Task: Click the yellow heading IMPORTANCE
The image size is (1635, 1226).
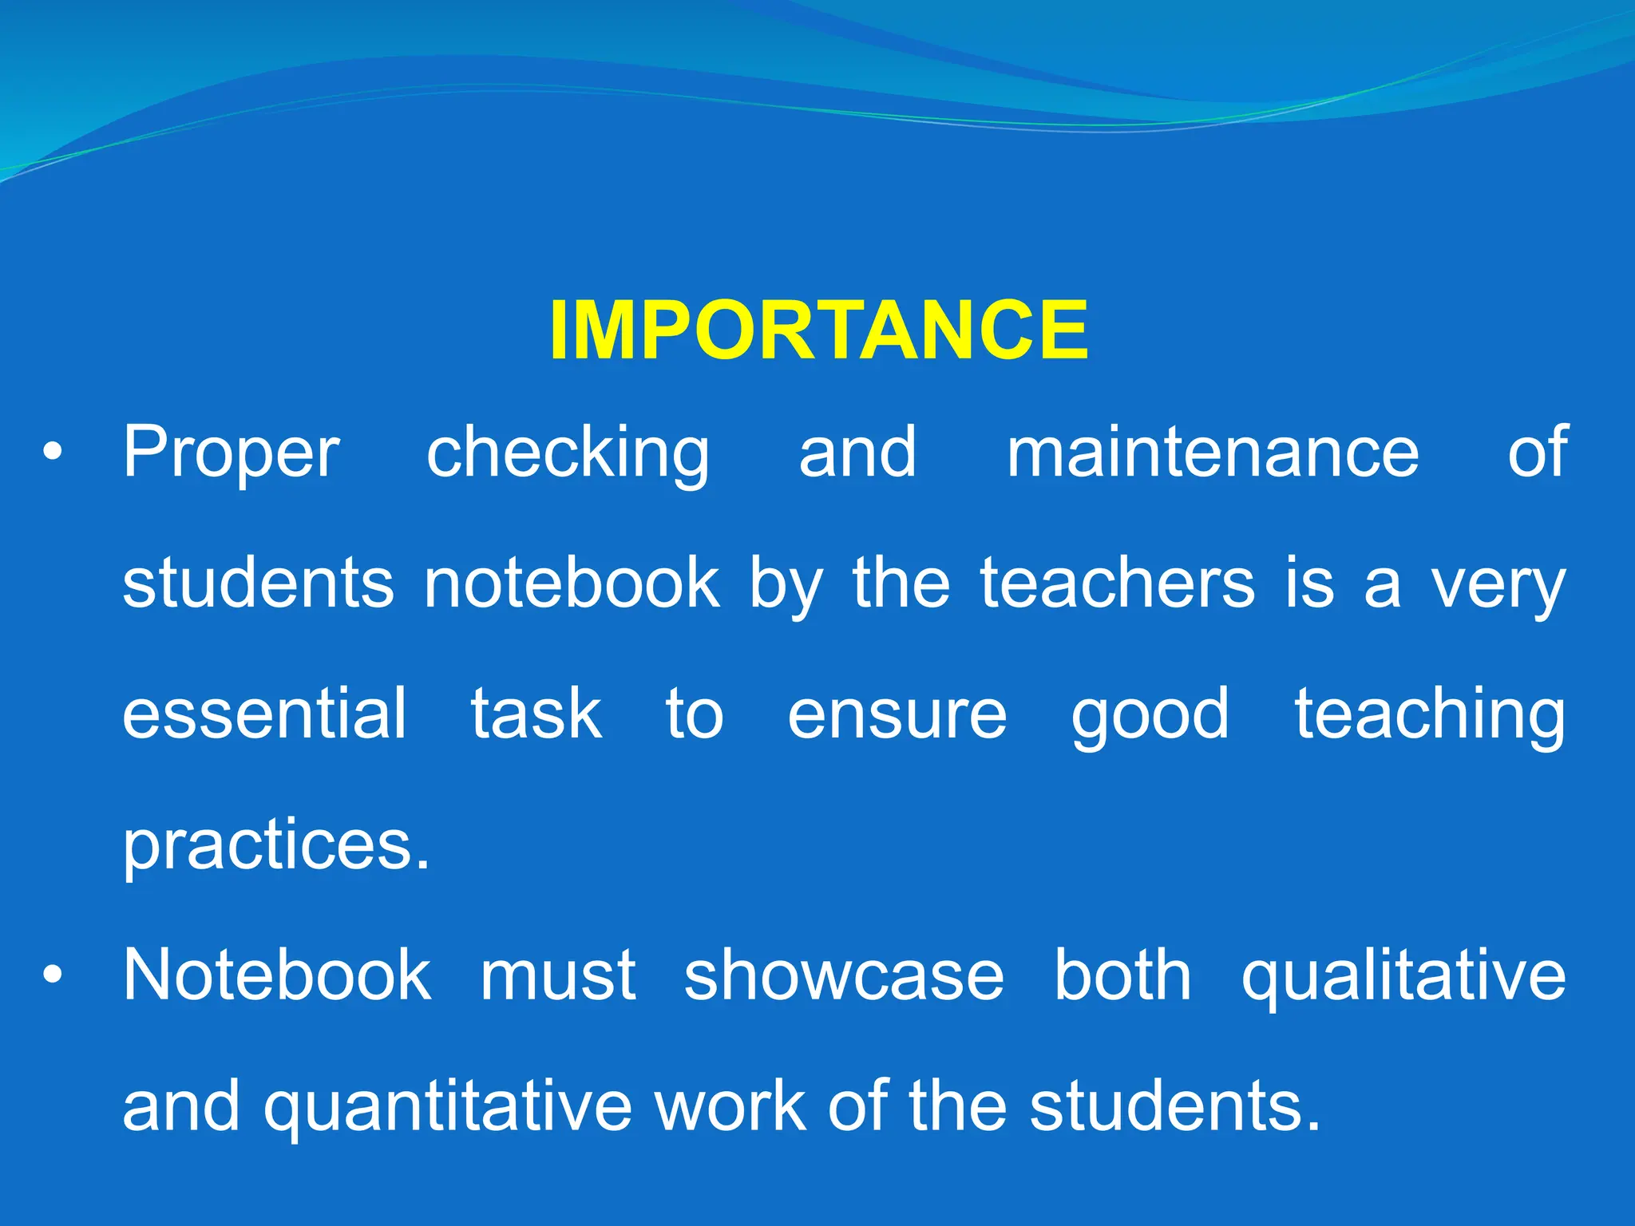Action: [x=819, y=330]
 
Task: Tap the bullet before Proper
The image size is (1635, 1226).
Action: [x=53, y=453]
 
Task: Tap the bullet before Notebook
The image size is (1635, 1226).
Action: [x=53, y=975]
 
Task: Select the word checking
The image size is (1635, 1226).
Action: [x=568, y=455]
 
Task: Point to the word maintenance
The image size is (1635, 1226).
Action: [x=1212, y=453]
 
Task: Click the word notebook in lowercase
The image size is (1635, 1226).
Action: [x=572, y=583]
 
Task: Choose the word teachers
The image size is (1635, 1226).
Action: [x=1118, y=583]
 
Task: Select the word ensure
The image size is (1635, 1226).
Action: [x=897, y=715]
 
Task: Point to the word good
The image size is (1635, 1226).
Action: [x=1150, y=717]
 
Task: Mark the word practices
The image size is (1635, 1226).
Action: [x=275, y=846]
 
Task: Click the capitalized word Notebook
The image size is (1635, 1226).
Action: [x=277, y=975]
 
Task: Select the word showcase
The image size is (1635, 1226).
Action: [x=844, y=975]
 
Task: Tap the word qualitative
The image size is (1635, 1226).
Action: [x=1403, y=977]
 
